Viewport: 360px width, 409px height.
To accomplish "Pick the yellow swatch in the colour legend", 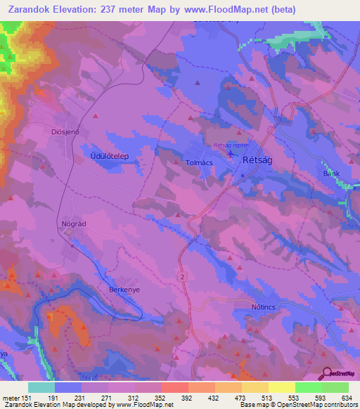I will click(281, 387).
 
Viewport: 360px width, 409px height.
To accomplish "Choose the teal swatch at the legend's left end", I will click(41, 387).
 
